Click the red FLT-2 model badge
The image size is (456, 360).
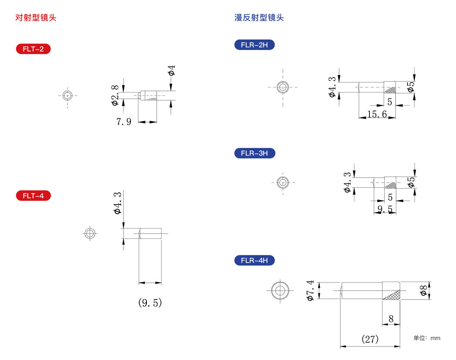33,49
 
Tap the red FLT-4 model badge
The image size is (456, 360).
33,196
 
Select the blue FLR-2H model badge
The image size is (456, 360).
255,45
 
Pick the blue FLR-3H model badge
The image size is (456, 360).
255,153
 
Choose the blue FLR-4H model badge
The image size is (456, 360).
255,260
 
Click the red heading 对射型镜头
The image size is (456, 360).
36,17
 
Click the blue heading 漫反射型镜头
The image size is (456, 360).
259,17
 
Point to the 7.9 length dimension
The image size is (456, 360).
124,122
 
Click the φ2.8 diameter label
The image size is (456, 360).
115,95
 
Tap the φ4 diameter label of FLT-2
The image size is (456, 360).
172,71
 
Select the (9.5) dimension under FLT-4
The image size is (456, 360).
150,303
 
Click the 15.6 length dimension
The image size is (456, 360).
377,114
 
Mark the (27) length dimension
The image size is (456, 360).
370,339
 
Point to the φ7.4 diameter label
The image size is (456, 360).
310,290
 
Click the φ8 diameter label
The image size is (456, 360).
424,290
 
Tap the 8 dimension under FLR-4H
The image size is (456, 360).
391,319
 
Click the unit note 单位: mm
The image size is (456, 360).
427,338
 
